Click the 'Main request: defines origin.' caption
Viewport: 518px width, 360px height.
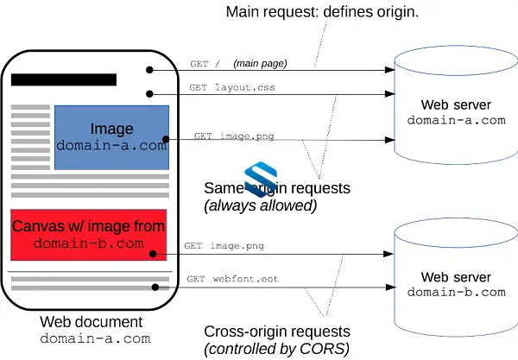tap(322, 12)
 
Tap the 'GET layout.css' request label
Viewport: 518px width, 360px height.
tap(232, 87)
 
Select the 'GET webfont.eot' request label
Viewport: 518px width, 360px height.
tap(233, 279)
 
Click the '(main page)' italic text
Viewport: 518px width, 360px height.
tap(260, 63)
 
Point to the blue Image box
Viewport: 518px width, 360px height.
tap(111, 137)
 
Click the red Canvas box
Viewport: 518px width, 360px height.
tap(89, 235)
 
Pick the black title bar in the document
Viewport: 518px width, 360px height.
tap(64, 79)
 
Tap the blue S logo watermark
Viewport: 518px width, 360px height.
tap(261, 180)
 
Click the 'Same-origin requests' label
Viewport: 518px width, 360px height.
tap(277, 188)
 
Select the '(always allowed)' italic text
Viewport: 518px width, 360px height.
tap(261, 205)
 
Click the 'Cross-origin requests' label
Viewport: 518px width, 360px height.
tap(277, 332)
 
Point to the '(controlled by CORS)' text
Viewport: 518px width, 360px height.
tap(276, 349)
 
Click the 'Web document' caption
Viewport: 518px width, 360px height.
tap(92, 322)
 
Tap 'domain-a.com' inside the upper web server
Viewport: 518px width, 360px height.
tap(456, 120)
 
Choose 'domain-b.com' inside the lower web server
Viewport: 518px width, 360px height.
tap(456, 293)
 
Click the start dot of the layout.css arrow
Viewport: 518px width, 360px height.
tap(149, 94)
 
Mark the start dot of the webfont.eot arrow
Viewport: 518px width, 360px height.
tap(155, 287)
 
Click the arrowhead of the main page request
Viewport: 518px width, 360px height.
tap(390, 70)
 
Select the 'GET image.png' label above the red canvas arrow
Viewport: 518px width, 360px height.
tap(224, 246)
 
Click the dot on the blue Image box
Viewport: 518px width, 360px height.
tap(166, 139)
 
